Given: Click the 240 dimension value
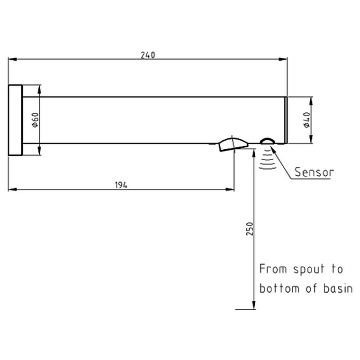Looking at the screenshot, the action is click(x=148, y=55).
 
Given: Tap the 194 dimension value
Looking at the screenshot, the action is click(x=121, y=185).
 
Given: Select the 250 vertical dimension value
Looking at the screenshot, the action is click(x=250, y=229).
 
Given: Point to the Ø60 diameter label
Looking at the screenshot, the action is click(x=35, y=120).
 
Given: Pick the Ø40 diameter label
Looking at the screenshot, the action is click(x=306, y=120).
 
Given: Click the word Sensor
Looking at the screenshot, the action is click(x=314, y=172).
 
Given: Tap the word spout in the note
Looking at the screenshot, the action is click(x=309, y=269).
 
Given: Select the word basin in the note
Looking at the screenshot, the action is click(x=338, y=288).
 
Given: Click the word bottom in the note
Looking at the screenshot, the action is click(x=279, y=288).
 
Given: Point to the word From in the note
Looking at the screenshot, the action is click(x=273, y=269).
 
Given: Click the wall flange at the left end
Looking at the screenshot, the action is click(x=15, y=120).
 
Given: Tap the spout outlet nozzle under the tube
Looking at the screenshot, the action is click(x=233, y=144).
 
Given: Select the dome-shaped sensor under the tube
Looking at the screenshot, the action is click(x=267, y=141).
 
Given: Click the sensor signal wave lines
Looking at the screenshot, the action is click(x=268, y=158).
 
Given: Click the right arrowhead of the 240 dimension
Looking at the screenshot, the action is click(x=283, y=59).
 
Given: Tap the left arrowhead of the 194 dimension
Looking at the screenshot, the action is click(x=12, y=189).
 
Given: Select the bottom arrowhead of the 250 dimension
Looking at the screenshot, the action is click(x=254, y=305).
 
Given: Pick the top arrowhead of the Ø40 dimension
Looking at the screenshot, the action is click(x=311, y=101).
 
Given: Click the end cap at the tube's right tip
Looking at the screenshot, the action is click(x=286, y=120).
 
